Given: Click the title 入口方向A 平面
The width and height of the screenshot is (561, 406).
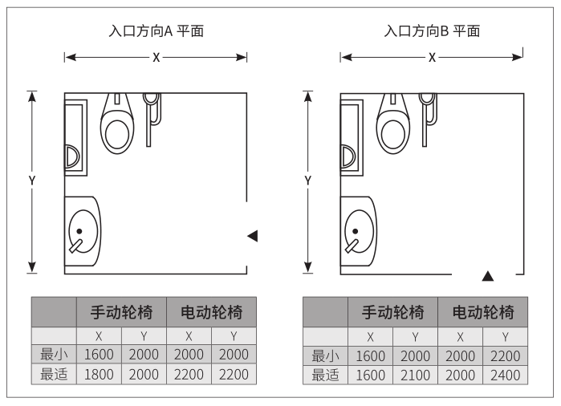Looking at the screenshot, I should tap(156, 31).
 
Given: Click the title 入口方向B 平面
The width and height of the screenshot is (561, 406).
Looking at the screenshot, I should tap(433, 31).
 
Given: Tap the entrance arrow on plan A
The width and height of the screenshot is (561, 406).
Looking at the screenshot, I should tap(253, 235).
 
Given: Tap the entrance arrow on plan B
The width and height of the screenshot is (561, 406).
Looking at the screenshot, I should tap(487, 276).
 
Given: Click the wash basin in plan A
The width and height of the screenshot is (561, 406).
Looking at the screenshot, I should tap(81, 229).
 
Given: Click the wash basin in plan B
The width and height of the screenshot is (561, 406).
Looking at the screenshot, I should tap(357, 231).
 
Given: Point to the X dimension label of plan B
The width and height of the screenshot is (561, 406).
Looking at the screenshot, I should tap(432, 58).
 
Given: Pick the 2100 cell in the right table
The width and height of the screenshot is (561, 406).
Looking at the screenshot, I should tap(416, 375).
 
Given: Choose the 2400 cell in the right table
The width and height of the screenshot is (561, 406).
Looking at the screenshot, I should tap(505, 375).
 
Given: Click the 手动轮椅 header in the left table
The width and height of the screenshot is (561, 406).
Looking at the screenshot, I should tap(121, 311).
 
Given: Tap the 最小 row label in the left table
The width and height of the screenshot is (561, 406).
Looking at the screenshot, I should tap(54, 354).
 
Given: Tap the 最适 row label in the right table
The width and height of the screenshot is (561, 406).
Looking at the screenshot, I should tap(326, 375).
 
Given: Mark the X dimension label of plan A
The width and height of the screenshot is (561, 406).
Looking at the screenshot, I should tap(156, 58).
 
